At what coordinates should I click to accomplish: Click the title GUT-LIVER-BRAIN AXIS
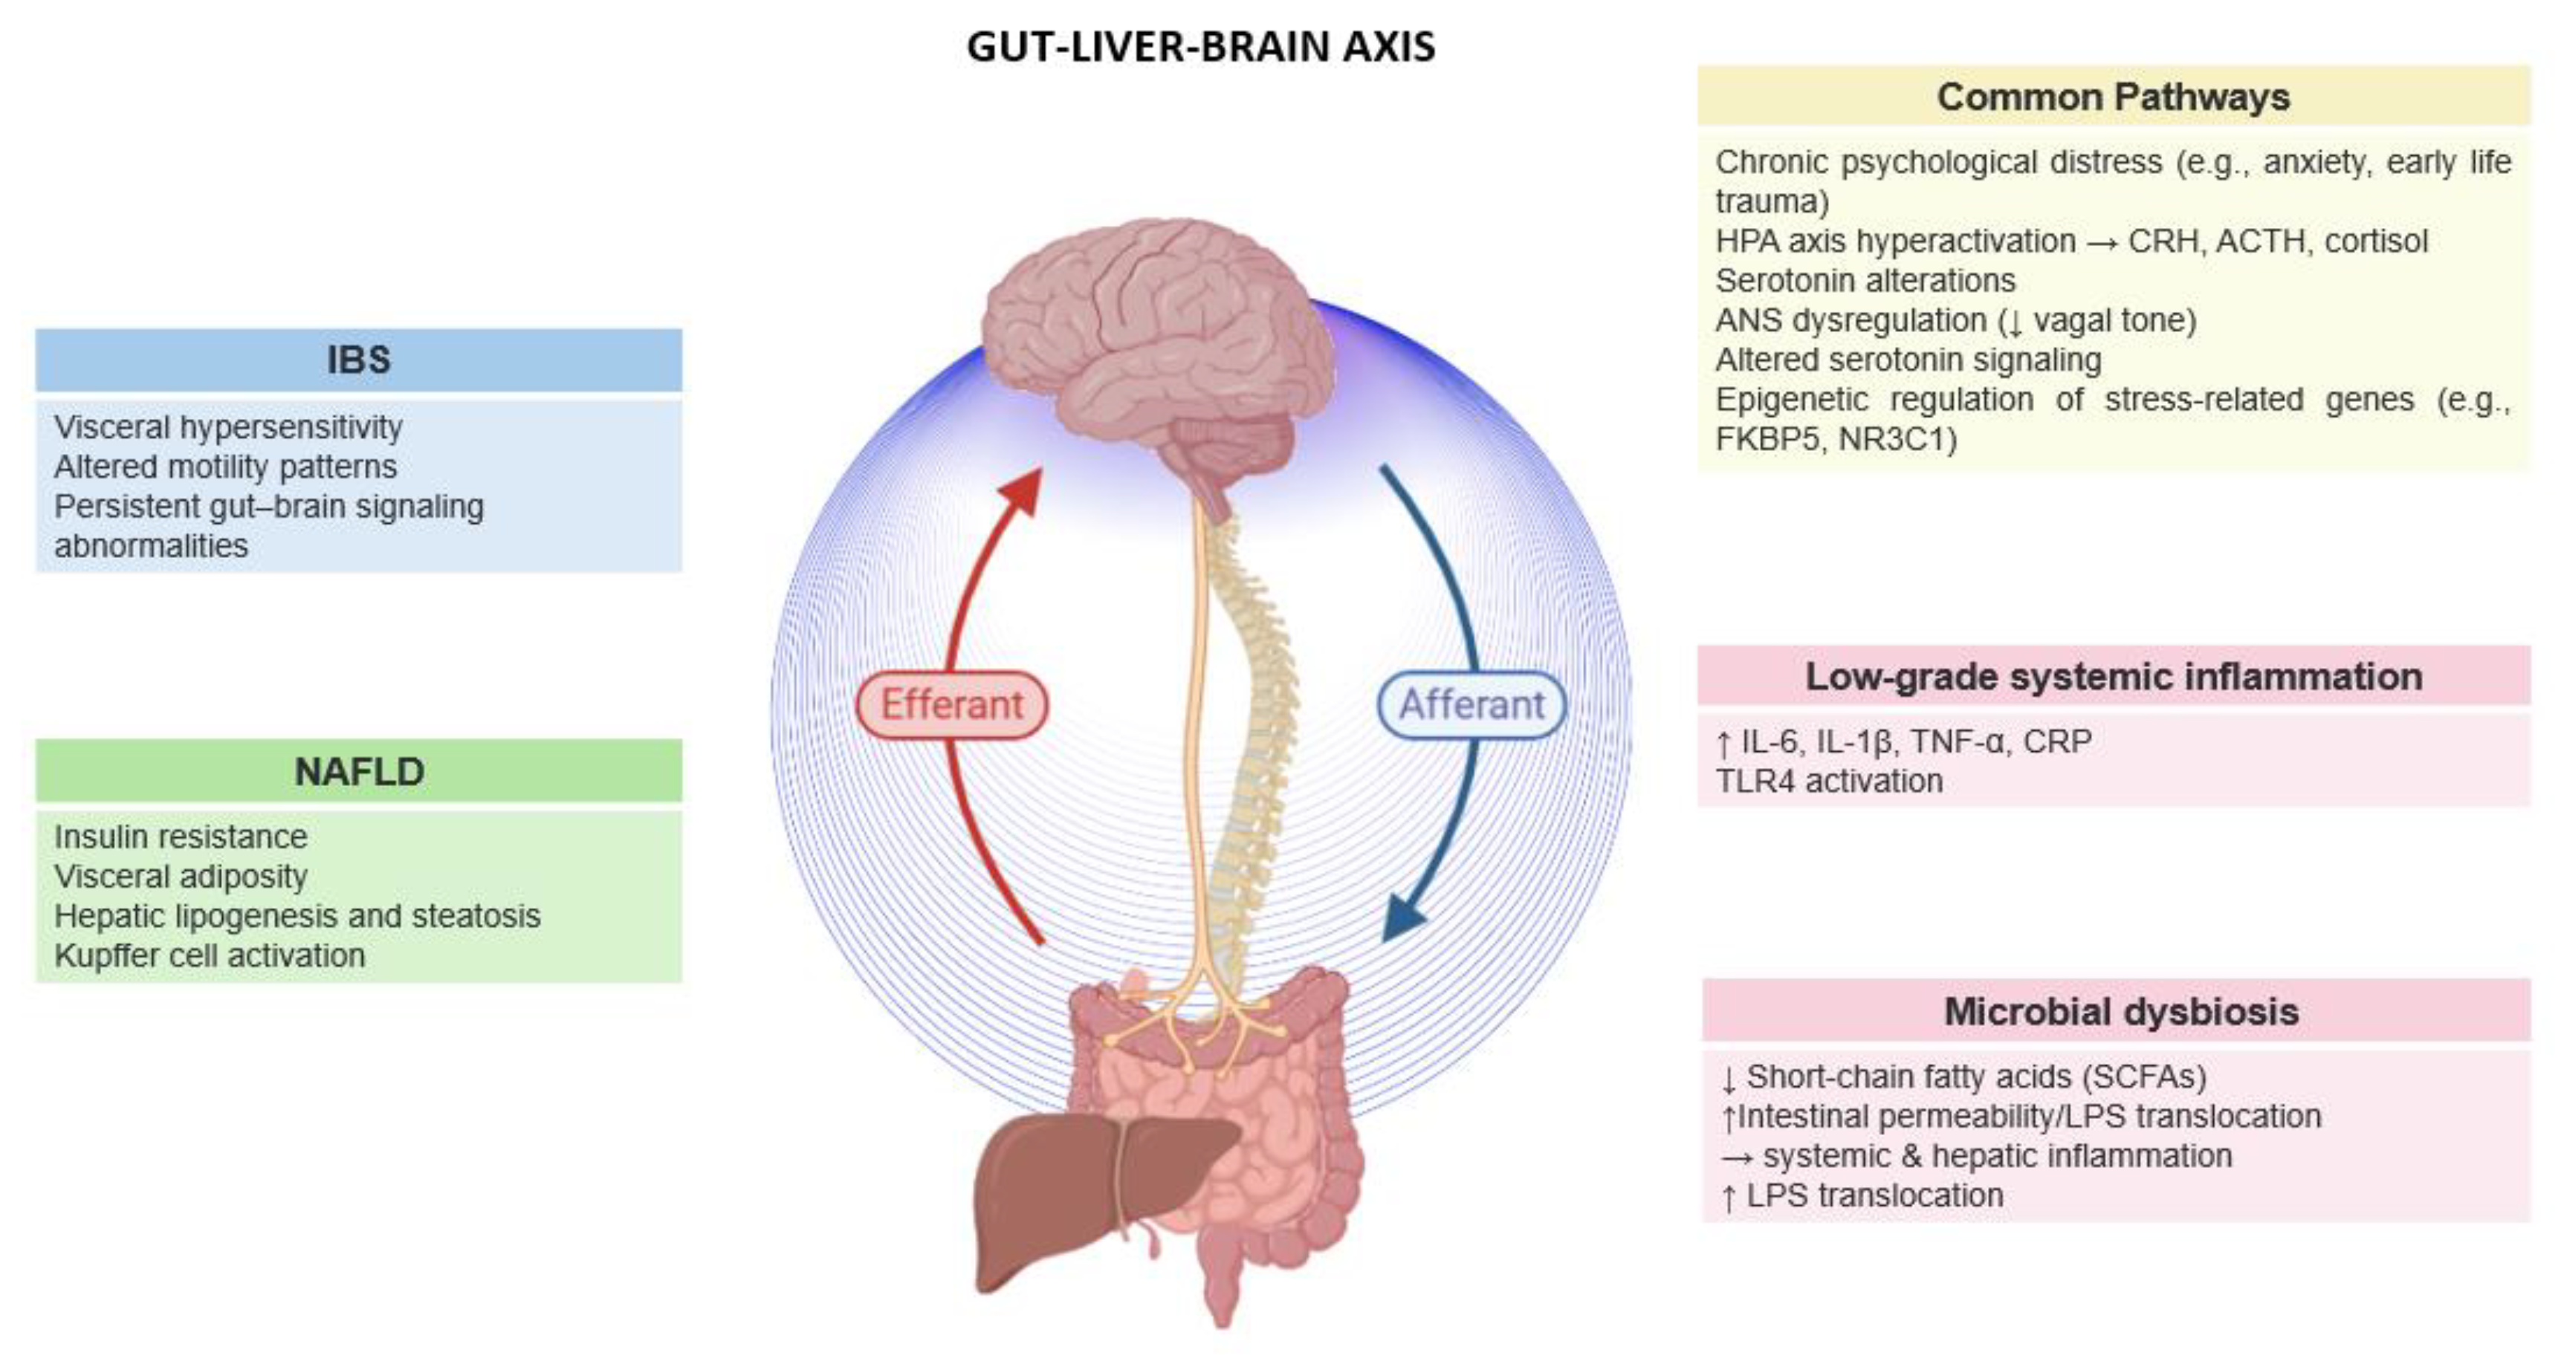1200,47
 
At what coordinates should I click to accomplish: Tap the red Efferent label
951,705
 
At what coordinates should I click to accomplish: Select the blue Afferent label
1471,705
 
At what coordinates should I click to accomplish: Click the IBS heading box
359,360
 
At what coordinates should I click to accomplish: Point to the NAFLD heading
359,771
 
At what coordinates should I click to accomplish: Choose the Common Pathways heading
2113,97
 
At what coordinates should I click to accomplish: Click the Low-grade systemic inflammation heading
2113,677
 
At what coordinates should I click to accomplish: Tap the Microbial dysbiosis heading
2120,1012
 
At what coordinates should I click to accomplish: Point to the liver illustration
1084,1193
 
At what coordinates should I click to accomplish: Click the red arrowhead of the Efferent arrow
1024,489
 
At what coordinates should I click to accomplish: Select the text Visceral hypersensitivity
227,427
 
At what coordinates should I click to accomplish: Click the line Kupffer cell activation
209,955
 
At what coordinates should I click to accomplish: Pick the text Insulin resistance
180,837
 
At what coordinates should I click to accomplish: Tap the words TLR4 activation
1828,782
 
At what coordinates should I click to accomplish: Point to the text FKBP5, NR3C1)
1835,439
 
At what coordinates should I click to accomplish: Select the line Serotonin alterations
1865,282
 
